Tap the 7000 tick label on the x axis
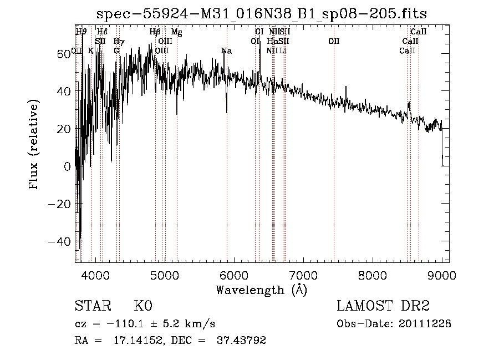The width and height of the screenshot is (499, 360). click(303, 275)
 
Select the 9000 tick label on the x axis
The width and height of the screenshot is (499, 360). click(441, 275)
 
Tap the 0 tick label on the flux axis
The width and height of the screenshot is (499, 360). click(68, 166)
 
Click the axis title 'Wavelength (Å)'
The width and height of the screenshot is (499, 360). click(261, 290)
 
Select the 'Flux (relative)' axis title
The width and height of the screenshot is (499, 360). click(34, 145)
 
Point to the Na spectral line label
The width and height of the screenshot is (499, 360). click(226, 51)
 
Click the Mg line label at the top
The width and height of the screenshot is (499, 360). click(176, 32)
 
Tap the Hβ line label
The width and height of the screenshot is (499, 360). click(155, 32)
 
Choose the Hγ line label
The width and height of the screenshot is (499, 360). click(119, 42)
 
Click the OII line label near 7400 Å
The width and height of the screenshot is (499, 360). click(334, 42)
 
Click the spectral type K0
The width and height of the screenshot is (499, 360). click(143, 306)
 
